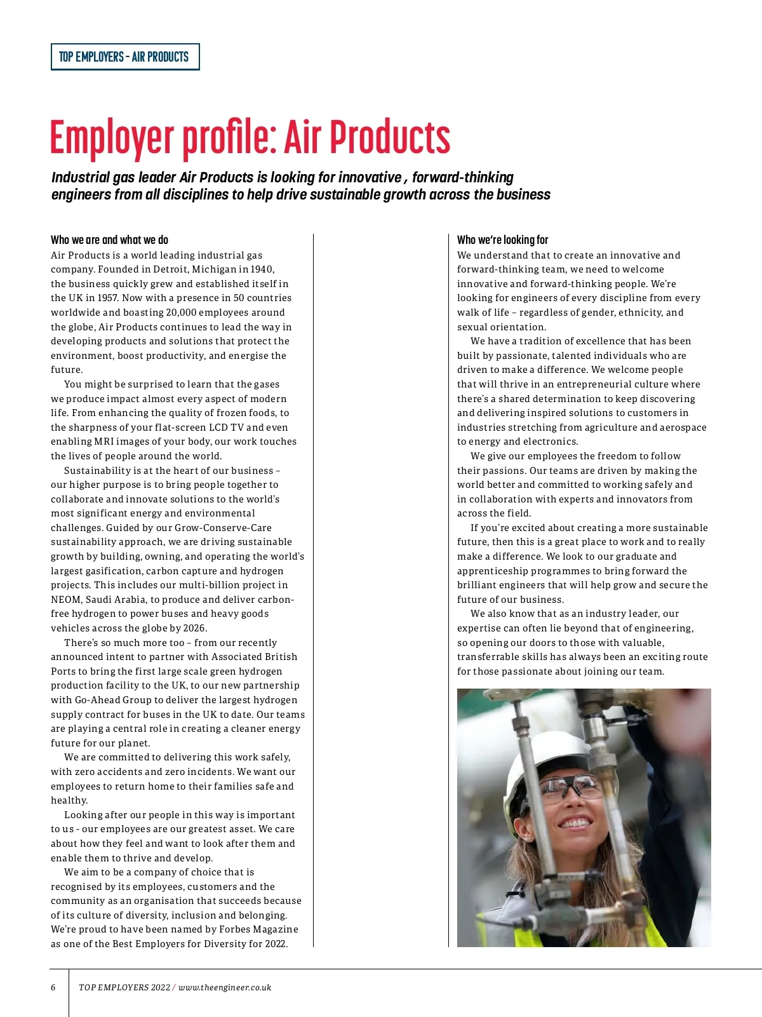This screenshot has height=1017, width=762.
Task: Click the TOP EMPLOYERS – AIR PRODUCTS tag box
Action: click(x=124, y=57)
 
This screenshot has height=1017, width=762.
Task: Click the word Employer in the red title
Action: click(x=112, y=138)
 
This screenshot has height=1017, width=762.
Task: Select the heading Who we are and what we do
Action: click(x=109, y=239)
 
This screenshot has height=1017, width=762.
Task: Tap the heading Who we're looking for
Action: click(x=502, y=239)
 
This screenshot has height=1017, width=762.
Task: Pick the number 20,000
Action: click(x=181, y=313)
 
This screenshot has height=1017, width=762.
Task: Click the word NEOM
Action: click(x=65, y=600)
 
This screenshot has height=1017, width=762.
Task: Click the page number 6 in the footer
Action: click(x=53, y=987)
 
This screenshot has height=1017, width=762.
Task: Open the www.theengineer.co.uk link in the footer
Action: click(x=225, y=987)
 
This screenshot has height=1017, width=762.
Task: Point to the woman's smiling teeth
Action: click(x=577, y=823)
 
